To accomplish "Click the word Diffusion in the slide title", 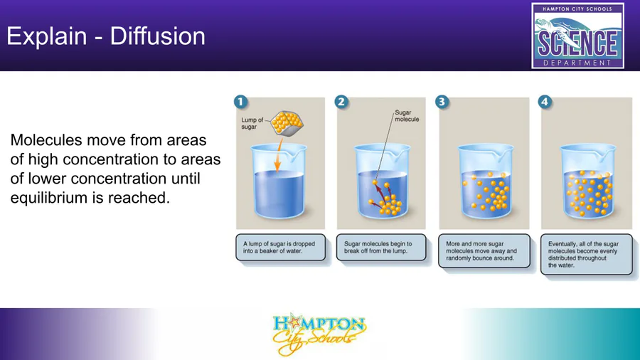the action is (x=158, y=36).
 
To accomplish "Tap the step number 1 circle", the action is (x=241, y=102).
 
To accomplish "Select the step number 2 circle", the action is (x=341, y=102).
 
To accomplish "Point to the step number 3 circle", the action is (x=442, y=102).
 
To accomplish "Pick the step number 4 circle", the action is (x=545, y=102).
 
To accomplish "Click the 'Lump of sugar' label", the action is (x=252, y=123).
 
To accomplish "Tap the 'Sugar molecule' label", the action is (x=407, y=116).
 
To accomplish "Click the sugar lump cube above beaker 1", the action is (x=287, y=123).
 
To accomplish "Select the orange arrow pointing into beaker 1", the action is (x=278, y=155).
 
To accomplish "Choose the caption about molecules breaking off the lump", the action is (x=378, y=248).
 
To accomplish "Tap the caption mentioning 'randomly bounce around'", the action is (x=481, y=251).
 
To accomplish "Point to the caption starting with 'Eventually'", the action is (x=583, y=254).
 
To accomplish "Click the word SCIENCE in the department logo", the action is (x=577, y=43).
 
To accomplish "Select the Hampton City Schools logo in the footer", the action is (x=319, y=334).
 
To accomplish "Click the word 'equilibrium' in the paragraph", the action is (x=49, y=198).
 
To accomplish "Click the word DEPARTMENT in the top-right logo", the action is (x=577, y=63).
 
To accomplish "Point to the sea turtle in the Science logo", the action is (x=551, y=26).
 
